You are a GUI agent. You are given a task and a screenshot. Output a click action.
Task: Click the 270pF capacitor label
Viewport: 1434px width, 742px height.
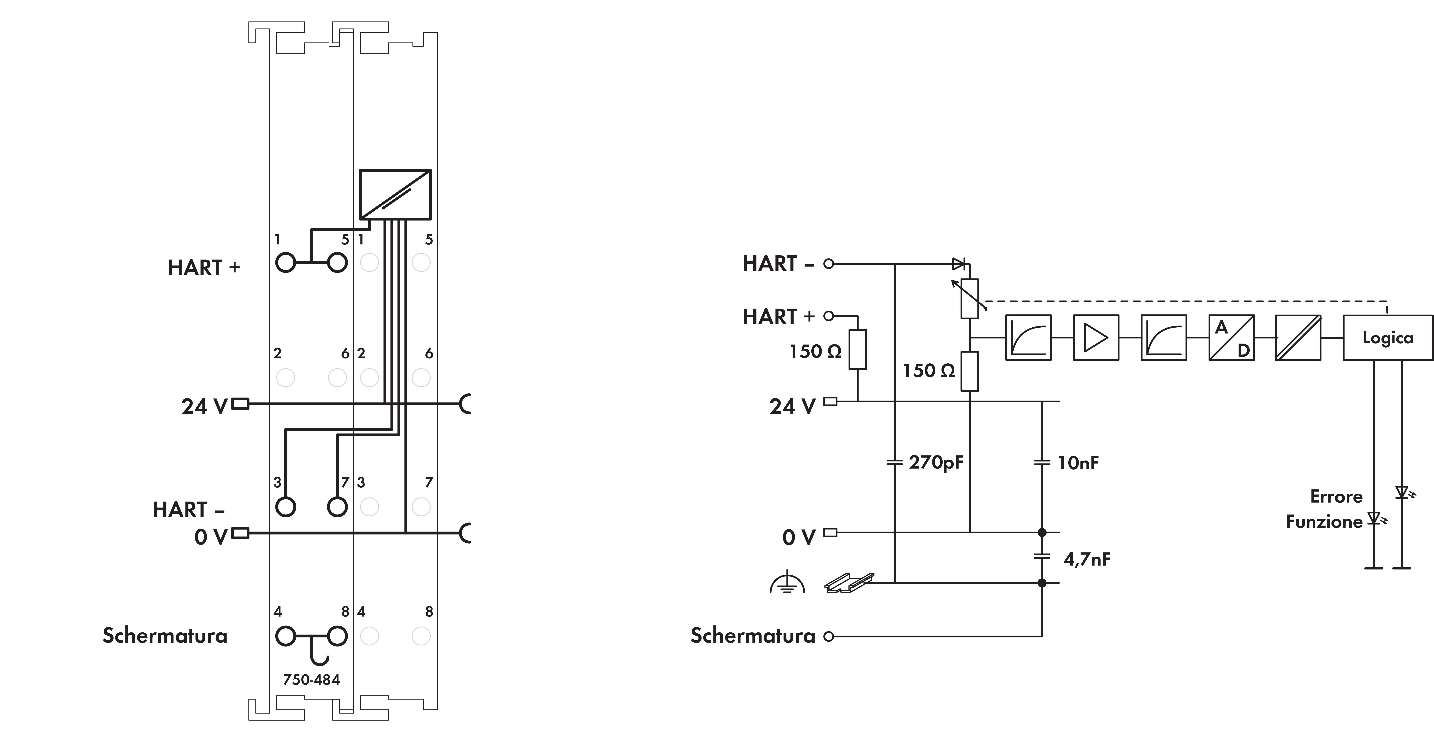pyautogui.click(x=936, y=462)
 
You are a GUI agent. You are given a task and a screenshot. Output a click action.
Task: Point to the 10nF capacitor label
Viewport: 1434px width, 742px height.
pyautogui.click(x=1078, y=463)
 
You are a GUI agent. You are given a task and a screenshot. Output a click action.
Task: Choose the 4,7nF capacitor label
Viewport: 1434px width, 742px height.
pyautogui.click(x=1087, y=559)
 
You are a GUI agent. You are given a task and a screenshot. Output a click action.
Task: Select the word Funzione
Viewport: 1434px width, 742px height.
pyautogui.click(x=1324, y=522)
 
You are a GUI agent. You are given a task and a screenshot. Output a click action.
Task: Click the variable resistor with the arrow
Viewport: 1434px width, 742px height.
pyautogui.click(x=970, y=298)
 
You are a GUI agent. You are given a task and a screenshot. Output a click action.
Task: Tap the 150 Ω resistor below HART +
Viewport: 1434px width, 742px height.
pyautogui.click(x=857, y=350)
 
